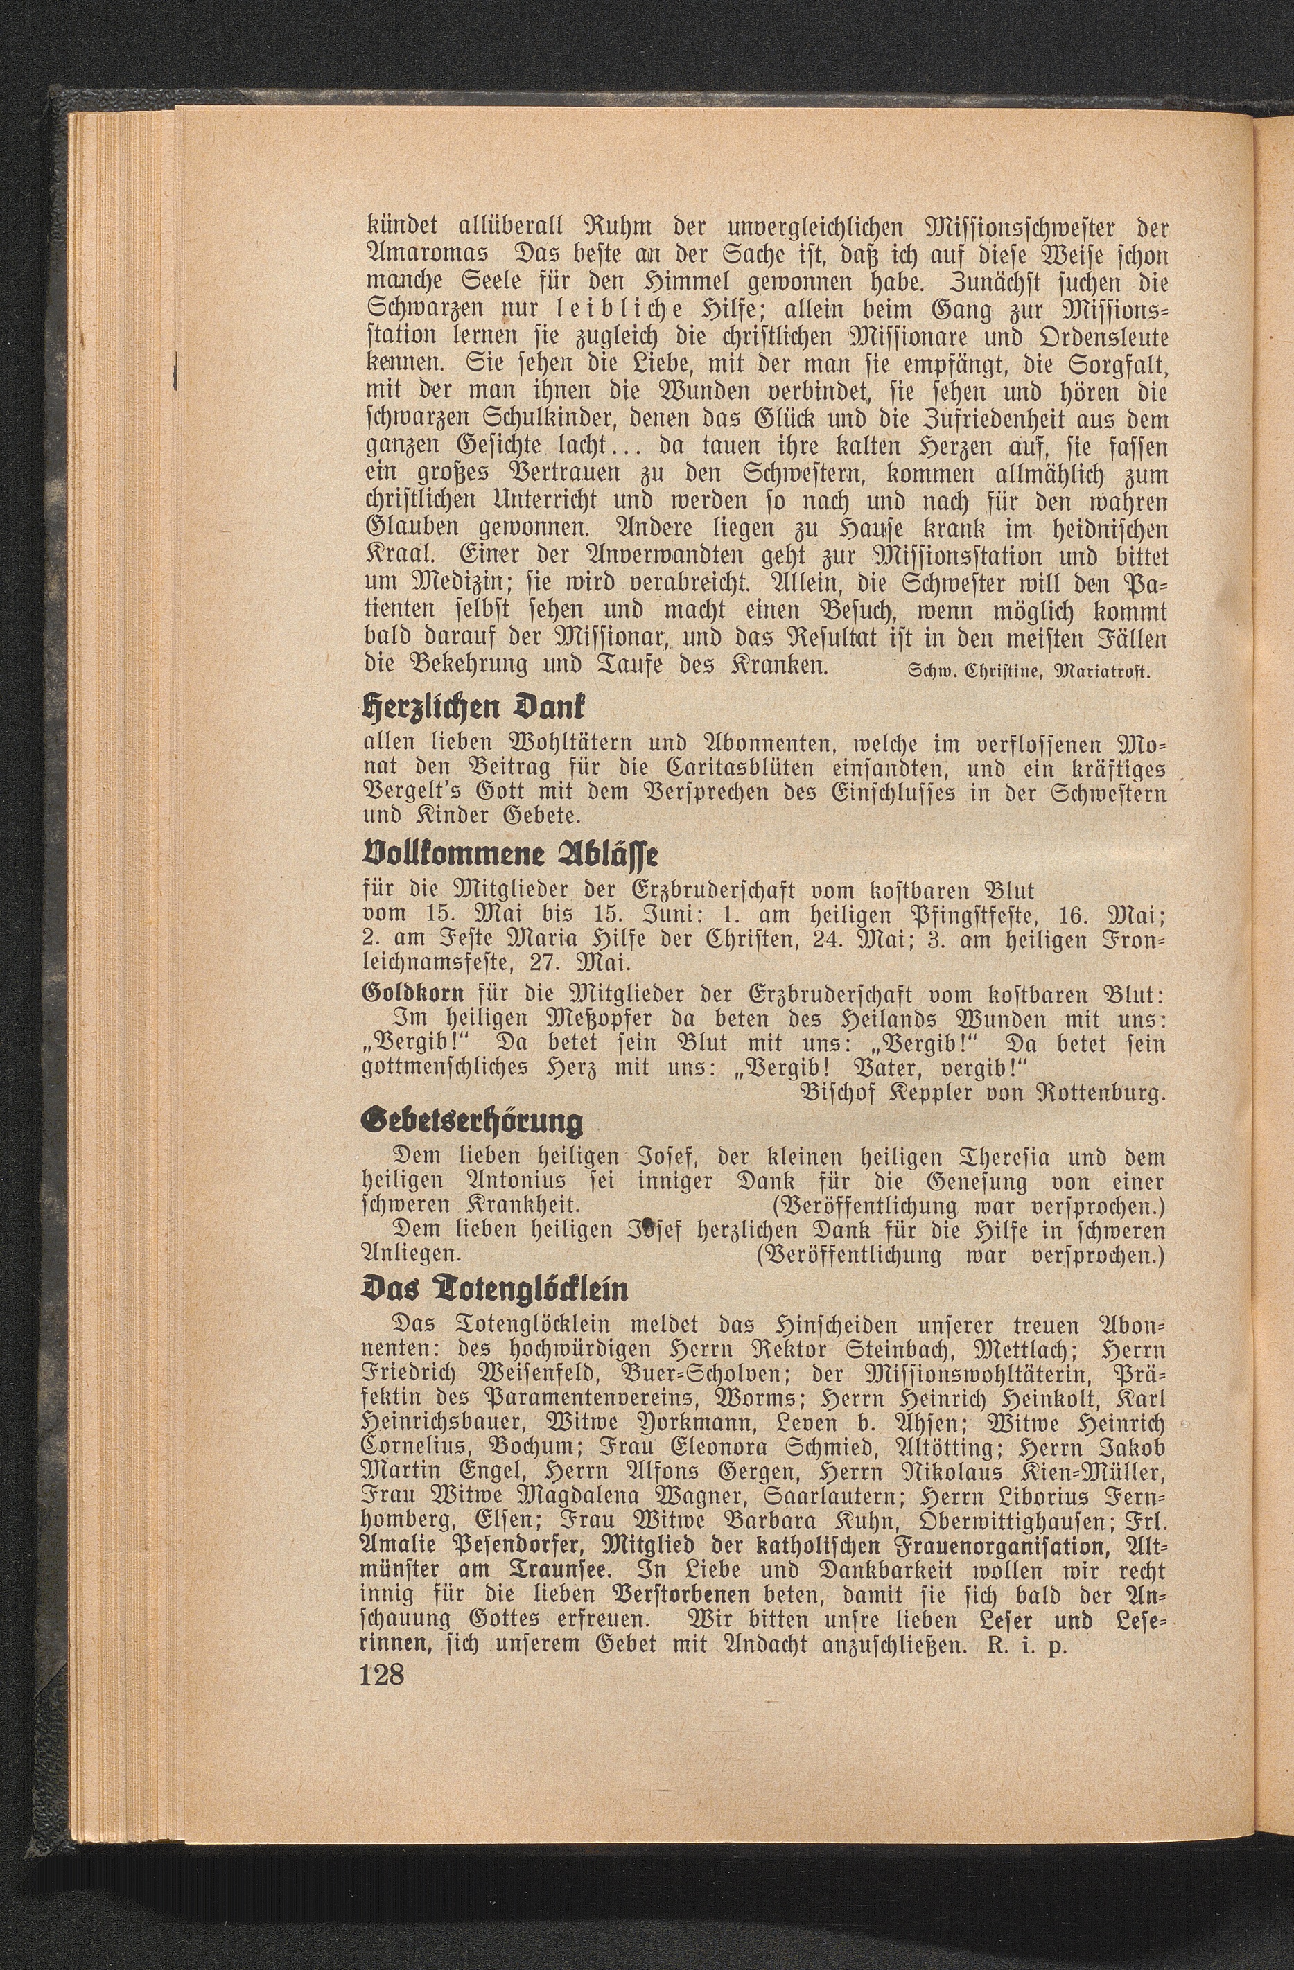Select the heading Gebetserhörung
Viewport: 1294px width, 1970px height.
point(473,1123)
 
